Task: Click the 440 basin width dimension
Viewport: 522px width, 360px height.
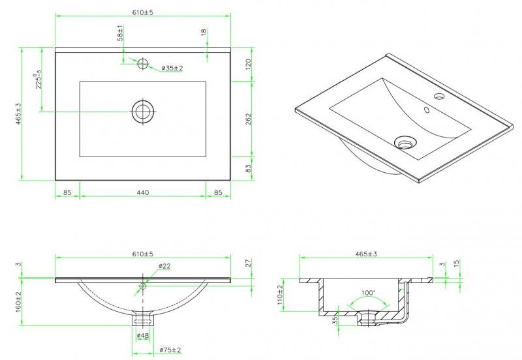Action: pos(143,192)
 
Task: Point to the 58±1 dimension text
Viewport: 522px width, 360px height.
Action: pos(120,34)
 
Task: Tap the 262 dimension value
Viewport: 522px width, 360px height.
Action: pos(248,120)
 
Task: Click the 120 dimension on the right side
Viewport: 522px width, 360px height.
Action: pos(248,65)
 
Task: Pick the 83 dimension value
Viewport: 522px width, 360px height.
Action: pos(248,169)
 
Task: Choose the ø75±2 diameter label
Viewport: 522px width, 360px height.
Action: pos(171,350)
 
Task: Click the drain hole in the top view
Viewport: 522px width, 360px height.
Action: pos(143,111)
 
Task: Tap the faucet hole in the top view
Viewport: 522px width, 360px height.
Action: pos(143,63)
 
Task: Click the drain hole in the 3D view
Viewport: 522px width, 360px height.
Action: pos(405,140)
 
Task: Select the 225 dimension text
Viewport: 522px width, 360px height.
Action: pos(38,80)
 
